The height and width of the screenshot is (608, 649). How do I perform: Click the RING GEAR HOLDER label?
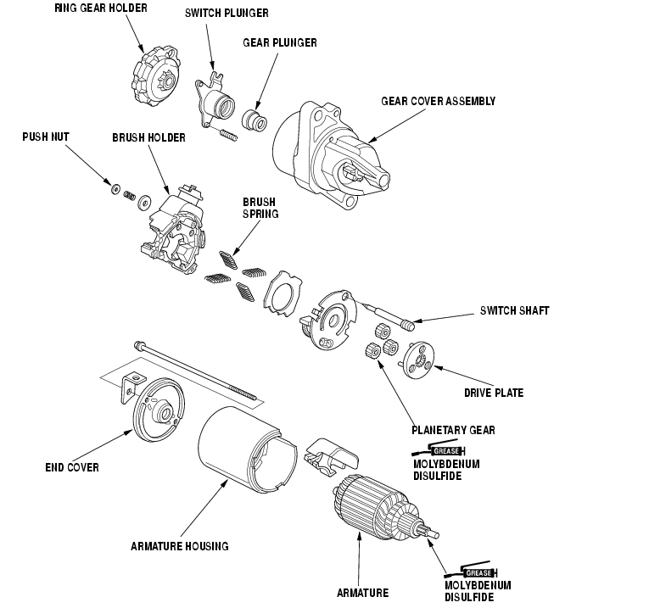[x=101, y=8]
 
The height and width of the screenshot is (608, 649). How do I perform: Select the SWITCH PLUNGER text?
[x=227, y=14]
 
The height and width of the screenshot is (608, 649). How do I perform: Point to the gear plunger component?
[x=255, y=120]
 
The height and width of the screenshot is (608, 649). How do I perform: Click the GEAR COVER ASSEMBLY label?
[x=438, y=102]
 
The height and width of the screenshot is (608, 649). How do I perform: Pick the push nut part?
[x=116, y=188]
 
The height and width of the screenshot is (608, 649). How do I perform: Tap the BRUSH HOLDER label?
[x=148, y=137]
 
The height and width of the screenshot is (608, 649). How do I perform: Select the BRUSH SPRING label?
[x=260, y=208]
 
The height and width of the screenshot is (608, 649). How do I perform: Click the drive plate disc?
[x=418, y=360]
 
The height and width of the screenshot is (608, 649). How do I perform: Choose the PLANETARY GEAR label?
[x=453, y=431]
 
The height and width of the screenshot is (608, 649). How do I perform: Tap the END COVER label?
[x=72, y=468]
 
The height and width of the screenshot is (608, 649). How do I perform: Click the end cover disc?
[x=159, y=409]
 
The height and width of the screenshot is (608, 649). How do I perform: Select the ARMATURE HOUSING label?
[x=180, y=546]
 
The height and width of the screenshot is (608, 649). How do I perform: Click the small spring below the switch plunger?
[x=227, y=135]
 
